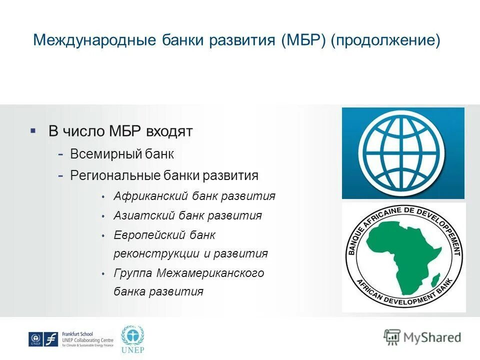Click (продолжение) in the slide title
tap(385, 40)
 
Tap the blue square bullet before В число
tap(33, 131)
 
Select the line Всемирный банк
tap(122, 154)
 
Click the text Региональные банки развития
tap(164, 175)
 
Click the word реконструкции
tap(156, 253)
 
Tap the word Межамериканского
tap(210, 273)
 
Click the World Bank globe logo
tap(403, 152)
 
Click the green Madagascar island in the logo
tap(434, 279)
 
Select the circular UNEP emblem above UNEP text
tap(132, 335)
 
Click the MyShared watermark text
tap(432, 337)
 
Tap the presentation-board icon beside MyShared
tap(392, 337)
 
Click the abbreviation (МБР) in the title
tap(302, 40)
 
